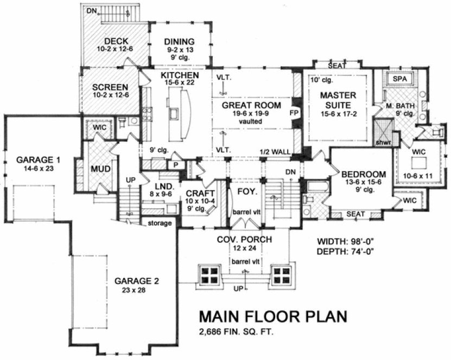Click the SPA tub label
(x=399, y=79)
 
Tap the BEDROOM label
(x=363, y=174)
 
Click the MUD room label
(x=101, y=169)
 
